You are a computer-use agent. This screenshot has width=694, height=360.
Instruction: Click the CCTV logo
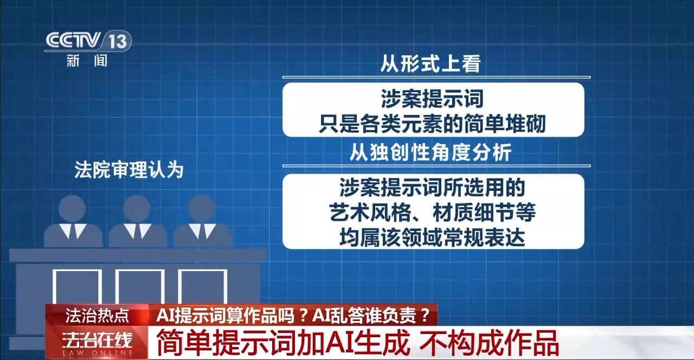pos(73,40)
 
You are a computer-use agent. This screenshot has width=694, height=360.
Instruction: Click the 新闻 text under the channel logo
pos(87,60)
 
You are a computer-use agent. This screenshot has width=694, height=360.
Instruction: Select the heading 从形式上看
pos(430,63)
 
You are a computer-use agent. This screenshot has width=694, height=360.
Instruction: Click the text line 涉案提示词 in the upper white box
pos(432,99)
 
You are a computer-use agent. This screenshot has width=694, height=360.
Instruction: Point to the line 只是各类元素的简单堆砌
pos(432,124)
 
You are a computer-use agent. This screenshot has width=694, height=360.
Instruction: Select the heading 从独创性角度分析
pos(430,152)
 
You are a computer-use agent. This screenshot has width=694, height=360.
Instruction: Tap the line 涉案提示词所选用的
pos(432,188)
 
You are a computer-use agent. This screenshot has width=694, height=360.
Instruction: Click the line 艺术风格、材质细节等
pos(432,213)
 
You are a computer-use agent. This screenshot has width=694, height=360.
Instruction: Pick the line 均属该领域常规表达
pos(432,237)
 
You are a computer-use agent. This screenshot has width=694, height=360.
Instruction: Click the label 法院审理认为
pos(129,170)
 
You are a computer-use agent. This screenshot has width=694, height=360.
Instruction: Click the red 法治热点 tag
pos(97,316)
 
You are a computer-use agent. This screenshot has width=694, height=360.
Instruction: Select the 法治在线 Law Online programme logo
pos(97,343)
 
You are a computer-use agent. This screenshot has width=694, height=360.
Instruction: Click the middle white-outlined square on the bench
pos(140,287)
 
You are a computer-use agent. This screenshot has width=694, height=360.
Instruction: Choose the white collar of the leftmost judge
pos(73,231)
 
